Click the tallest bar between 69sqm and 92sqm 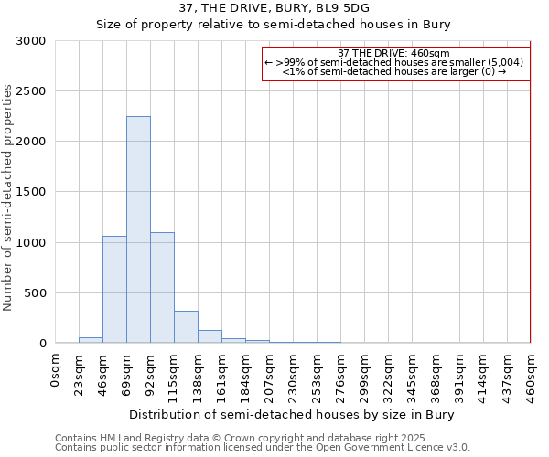[138, 229]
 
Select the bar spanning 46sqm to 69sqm [114, 289]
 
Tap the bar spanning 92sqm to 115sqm [162, 287]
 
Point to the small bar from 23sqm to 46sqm [91, 340]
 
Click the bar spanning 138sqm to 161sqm [210, 336]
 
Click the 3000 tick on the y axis [30, 41]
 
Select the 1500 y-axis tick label [30, 192]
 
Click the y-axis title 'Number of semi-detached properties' [8, 197]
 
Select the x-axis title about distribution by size [292, 414]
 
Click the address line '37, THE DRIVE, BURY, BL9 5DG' [274, 8]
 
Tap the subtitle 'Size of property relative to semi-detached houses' [274, 25]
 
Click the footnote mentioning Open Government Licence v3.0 [262, 448]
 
